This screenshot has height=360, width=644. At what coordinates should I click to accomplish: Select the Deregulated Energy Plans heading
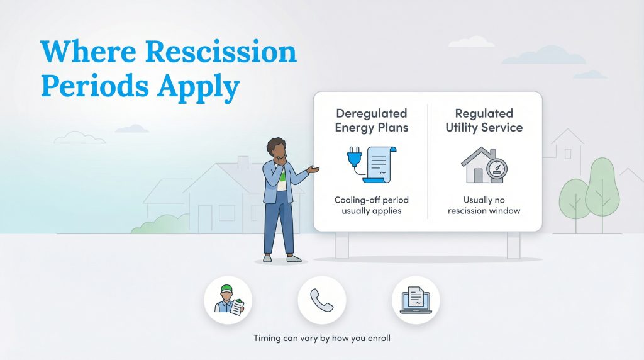pyautogui.click(x=371, y=120)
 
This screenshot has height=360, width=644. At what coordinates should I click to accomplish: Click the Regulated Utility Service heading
pyautogui.click(x=484, y=120)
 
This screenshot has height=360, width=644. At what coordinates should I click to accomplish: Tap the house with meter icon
pyautogui.click(x=483, y=165)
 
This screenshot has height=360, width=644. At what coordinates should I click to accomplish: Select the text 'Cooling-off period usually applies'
pyautogui.click(x=371, y=205)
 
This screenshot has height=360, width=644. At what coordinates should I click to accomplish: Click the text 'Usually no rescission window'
pyautogui.click(x=484, y=205)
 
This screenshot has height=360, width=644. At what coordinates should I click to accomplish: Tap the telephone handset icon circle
pyautogui.click(x=322, y=300)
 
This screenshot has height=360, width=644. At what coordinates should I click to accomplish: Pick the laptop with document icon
pyautogui.click(x=416, y=300)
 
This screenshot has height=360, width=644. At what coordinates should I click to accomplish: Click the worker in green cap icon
pyautogui.click(x=228, y=300)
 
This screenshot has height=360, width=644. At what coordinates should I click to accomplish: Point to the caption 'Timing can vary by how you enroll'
pyautogui.click(x=322, y=338)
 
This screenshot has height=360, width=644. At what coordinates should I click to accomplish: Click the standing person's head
pyautogui.click(x=277, y=149)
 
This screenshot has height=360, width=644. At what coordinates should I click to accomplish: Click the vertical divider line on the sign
pyautogui.click(x=428, y=162)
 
